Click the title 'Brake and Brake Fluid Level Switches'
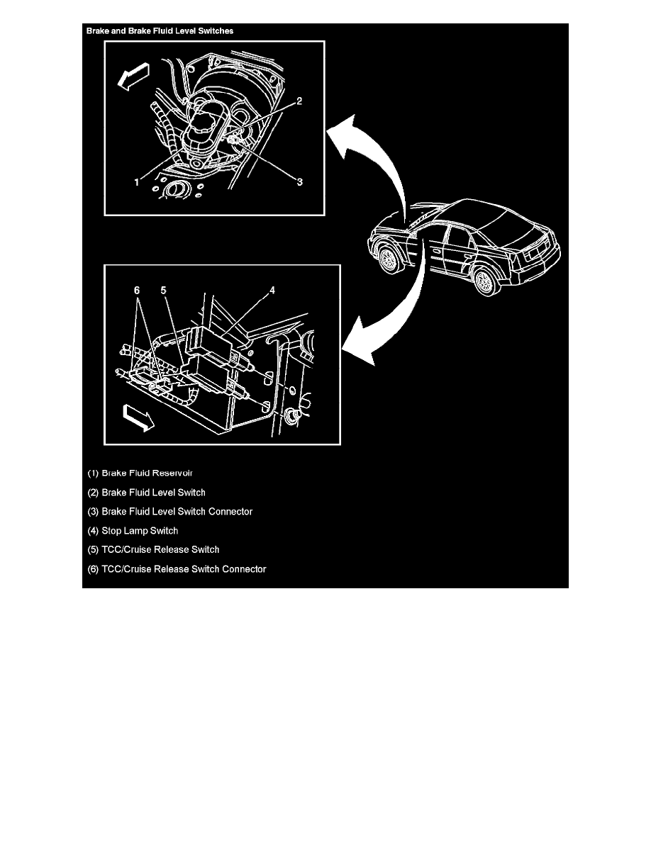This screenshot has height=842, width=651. coord(160,31)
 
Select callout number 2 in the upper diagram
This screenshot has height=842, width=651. coord(300,101)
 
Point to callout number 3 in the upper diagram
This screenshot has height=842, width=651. coord(300,182)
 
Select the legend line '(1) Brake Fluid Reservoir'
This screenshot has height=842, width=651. coord(140,473)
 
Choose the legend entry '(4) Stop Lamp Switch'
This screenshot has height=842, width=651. coord(133,530)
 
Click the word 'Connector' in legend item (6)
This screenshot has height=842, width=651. coord(243,568)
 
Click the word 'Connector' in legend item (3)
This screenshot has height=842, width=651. coord(230,511)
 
